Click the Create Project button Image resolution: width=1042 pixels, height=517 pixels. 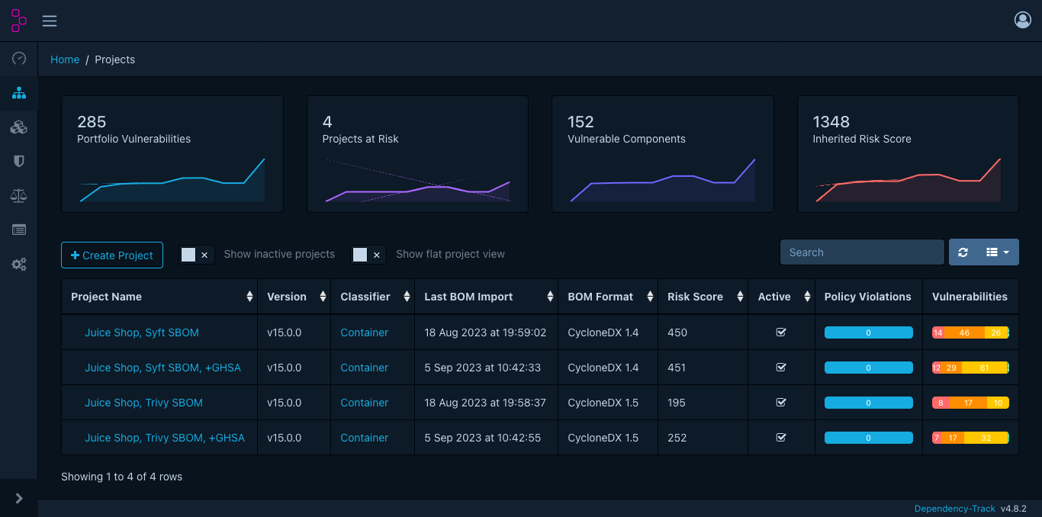tap(112, 255)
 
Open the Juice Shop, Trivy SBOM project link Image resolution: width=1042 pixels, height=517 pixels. tap(143, 403)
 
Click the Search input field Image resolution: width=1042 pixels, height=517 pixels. tap(862, 252)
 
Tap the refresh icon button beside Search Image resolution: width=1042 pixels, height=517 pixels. tap(963, 252)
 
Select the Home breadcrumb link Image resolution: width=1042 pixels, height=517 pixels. tap(65, 59)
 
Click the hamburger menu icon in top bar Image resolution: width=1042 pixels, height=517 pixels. tap(50, 21)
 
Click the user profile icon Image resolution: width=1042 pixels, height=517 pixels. tap(1022, 20)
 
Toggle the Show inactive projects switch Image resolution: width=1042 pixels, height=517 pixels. tap(197, 255)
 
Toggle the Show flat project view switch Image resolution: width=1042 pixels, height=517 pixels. tap(368, 255)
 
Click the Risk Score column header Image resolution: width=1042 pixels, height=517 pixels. tap(695, 297)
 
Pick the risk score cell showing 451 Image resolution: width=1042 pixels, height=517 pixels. tap(677, 368)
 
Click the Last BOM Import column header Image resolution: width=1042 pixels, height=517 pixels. tap(468, 297)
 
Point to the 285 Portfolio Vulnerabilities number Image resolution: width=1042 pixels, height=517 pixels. tap(92, 122)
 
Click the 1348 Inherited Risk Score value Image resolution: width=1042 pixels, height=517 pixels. tap(831, 122)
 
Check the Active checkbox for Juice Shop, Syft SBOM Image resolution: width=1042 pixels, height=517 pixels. tap(780, 332)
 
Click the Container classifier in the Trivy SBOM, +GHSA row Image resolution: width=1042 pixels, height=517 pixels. tap(364, 438)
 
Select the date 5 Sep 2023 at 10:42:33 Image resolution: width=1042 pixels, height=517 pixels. tap(482, 368)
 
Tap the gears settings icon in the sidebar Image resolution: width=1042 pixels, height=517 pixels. tap(19, 265)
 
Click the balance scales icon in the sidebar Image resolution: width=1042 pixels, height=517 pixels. tap(19, 196)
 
